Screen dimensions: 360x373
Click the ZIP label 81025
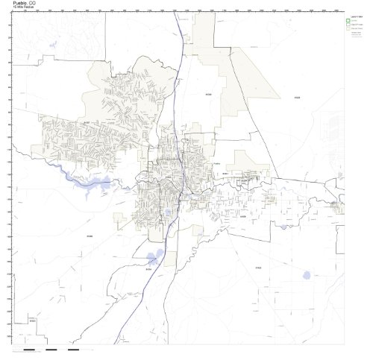click(x=296, y=98)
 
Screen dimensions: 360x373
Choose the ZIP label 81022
click(x=258, y=267)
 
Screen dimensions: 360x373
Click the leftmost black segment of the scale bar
click(x=29, y=349)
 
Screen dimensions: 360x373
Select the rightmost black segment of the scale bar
click(x=73, y=349)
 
